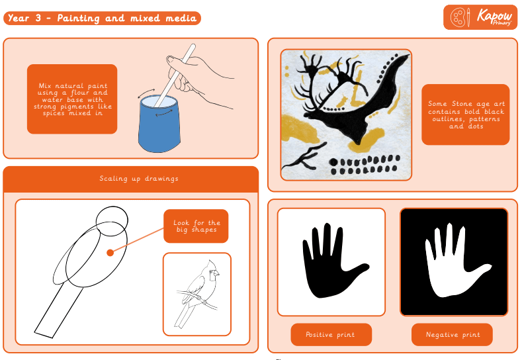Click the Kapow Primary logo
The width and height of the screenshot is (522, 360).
(480, 17)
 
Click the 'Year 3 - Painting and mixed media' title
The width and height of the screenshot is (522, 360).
(102, 18)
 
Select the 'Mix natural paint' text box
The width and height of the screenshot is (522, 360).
(72, 99)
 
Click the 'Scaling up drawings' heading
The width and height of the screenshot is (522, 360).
(139, 179)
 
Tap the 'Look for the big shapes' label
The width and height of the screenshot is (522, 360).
(196, 226)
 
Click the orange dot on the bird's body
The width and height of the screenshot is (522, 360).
(110, 253)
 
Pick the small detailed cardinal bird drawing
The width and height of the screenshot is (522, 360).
(197, 294)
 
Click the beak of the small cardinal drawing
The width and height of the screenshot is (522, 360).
(216, 273)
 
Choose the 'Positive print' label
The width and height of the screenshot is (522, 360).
(331, 335)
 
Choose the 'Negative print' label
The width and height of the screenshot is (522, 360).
(452, 335)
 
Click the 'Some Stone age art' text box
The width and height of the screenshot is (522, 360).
(465, 114)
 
